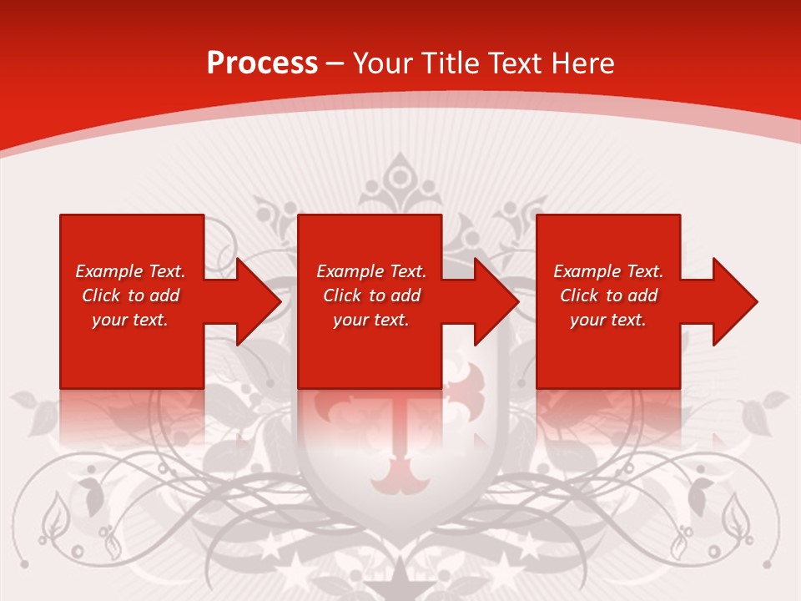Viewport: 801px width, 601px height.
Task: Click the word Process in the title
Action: point(262,63)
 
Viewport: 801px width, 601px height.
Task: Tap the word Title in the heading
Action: point(448,63)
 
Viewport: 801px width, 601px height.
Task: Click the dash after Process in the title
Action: point(335,64)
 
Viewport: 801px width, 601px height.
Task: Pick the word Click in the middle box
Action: point(342,295)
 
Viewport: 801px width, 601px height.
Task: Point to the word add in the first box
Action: point(165,295)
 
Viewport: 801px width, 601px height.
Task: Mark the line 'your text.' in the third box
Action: point(607,320)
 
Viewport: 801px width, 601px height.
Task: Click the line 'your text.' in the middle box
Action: point(370,320)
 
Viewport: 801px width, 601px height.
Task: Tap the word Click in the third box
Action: point(579,295)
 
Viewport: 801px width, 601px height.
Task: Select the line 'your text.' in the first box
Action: point(129,320)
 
